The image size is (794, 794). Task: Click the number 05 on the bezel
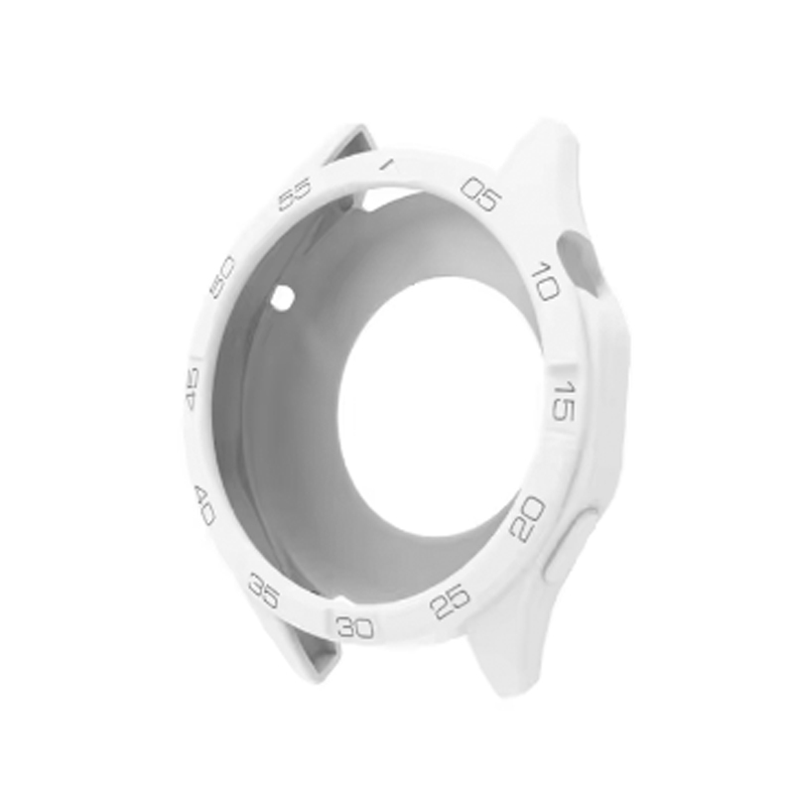480,194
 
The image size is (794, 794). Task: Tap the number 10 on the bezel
545,281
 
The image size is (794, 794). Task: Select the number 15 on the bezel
562,402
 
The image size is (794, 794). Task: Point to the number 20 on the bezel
527,519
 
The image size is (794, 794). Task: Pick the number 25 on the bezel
450,601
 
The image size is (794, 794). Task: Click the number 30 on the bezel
355,627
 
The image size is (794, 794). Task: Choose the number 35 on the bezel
264,591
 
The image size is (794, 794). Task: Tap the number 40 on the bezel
204,504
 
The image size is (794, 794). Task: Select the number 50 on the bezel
222,277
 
